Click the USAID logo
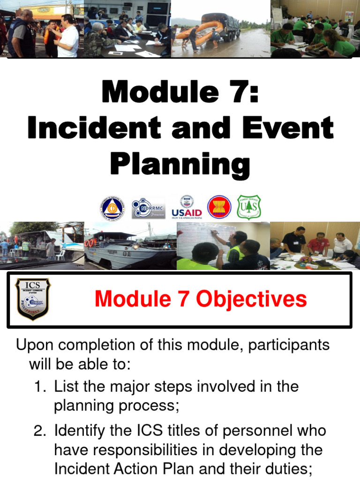[x=187, y=207]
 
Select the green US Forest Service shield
[x=248, y=207]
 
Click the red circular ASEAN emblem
[x=219, y=207]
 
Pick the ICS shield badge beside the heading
[x=32, y=299]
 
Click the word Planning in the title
[x=180, y=164]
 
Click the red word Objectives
[x=252, y=299]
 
